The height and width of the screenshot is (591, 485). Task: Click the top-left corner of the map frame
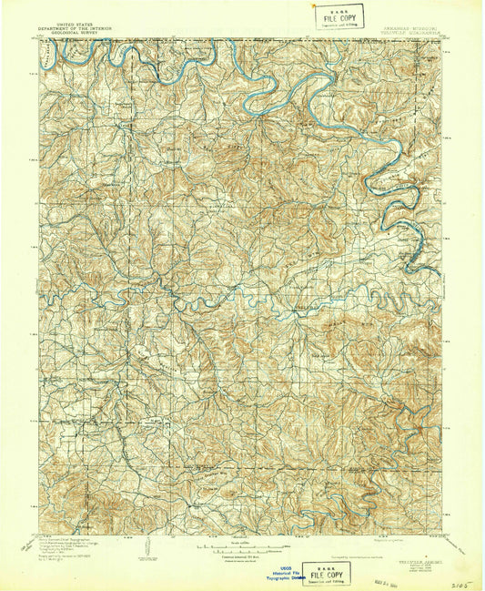pos(38,39)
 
